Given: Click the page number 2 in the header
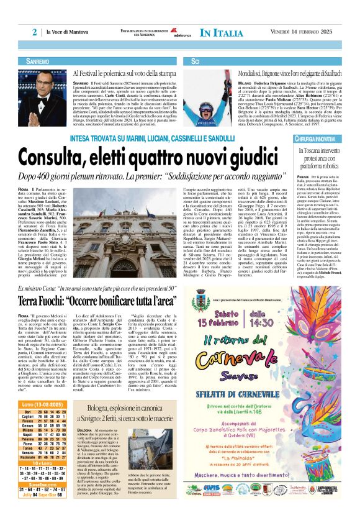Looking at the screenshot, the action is pyautogui.click(x=35, y=32).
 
